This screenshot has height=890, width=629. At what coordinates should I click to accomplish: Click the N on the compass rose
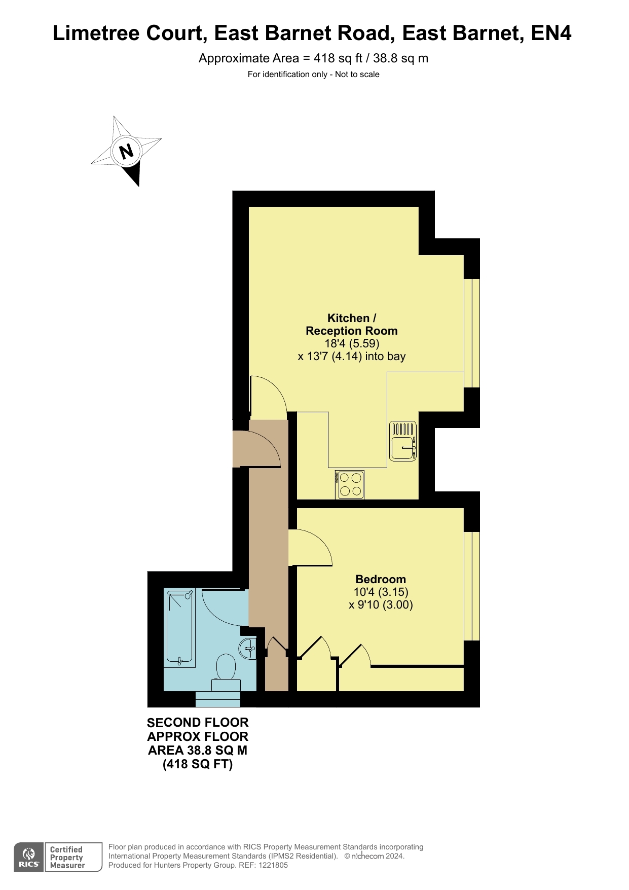[x=126, y=151]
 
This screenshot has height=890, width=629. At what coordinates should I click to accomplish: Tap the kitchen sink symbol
[x=403, y=441]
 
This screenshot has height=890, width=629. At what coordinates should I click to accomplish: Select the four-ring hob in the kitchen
[x=350, y=485]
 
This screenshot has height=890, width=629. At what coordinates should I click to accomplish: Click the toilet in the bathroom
[x=226, y=673]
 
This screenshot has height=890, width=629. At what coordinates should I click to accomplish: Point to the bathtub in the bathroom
[x=179, y=628]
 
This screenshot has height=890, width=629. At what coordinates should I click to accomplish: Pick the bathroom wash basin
[x=247, y=649]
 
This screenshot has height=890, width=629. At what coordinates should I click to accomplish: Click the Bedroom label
[x=381, y=579]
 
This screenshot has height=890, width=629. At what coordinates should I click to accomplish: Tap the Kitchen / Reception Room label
[x=352, y=325]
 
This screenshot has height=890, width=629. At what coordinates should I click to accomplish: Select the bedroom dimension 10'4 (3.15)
[x=381, y=592]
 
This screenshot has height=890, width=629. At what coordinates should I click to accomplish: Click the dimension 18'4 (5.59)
[x=352, y=343]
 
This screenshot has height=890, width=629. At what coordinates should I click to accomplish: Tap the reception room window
[x=472, y=333]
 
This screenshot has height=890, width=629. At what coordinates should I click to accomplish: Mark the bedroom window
[x=472, y=586]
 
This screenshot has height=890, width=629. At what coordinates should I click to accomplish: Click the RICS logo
[x=29, y=858]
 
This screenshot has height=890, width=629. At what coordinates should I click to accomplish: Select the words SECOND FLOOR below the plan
[x=198, y=723]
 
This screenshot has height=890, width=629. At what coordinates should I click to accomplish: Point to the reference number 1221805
[x=273, y=865]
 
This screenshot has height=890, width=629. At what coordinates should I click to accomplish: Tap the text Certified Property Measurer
[x=67, y=858]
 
